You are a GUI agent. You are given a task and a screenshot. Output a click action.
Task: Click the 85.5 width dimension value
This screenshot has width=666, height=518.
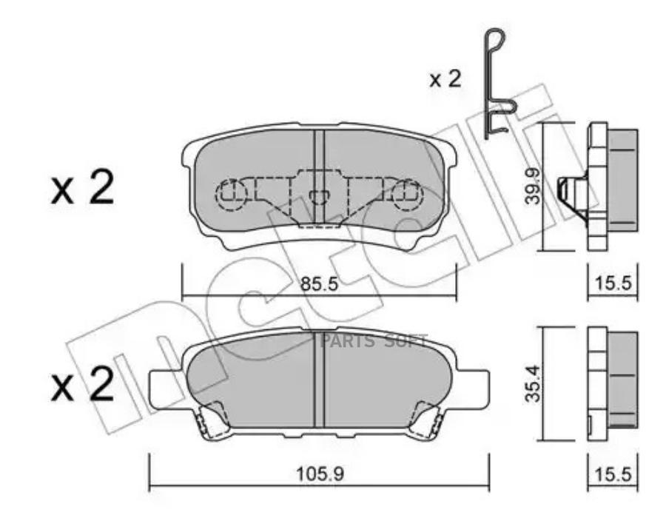320,283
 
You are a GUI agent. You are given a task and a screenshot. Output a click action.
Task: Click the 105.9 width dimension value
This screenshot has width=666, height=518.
320,474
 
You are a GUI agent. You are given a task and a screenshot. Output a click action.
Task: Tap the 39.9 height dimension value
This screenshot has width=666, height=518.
533,186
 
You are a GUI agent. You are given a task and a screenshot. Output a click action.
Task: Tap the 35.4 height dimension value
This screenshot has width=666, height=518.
533,383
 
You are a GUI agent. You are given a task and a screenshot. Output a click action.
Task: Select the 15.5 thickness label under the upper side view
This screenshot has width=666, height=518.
613,283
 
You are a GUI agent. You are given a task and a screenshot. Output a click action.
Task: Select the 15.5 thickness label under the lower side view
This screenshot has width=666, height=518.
613,474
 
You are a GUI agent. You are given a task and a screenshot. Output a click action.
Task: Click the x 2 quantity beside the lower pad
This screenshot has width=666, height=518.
82,383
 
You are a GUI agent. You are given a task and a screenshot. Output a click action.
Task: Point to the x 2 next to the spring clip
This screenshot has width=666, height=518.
445,79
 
